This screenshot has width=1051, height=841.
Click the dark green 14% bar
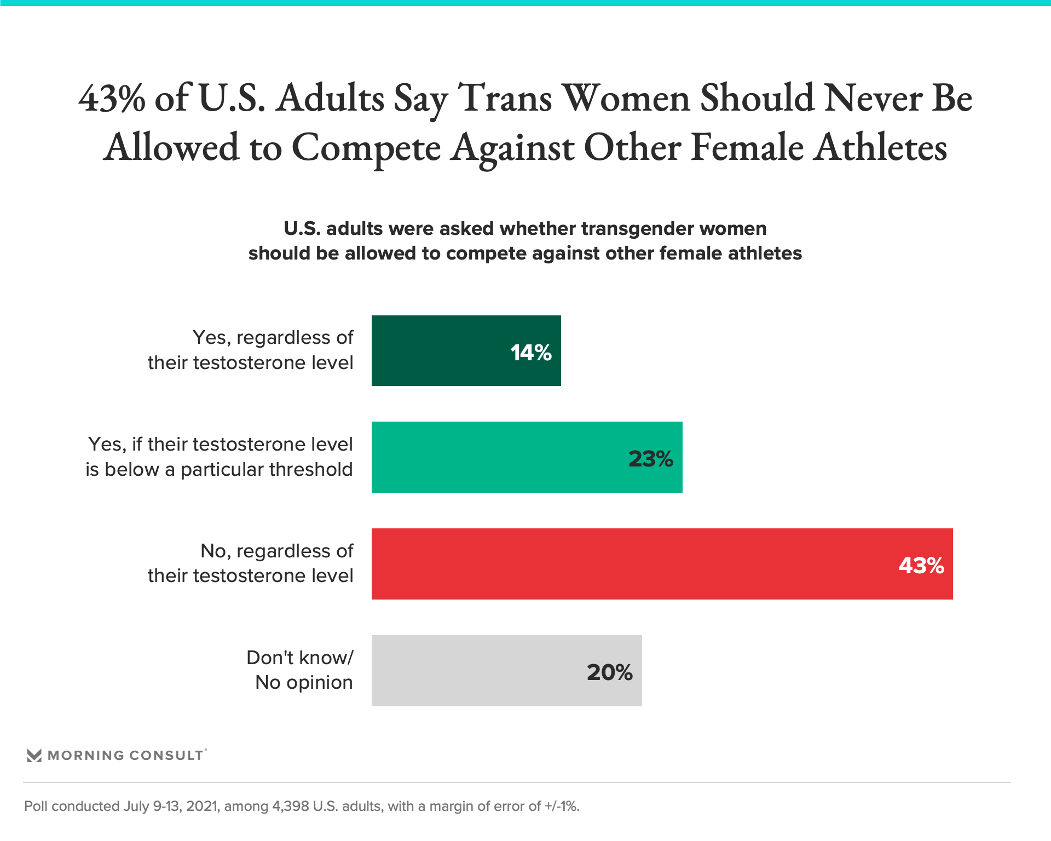(438, 350)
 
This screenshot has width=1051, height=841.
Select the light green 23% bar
(493, 457)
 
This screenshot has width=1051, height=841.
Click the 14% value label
(530, 353)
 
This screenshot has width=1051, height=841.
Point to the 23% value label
(650, 459)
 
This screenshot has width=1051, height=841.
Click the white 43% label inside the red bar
(921, 566)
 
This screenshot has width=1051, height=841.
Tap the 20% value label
(609, 672)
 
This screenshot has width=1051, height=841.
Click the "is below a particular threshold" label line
(219, 470)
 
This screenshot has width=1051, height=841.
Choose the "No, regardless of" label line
(277, 551)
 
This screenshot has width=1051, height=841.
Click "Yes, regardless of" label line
(273, 338)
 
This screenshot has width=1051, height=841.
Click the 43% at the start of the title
(112, 99)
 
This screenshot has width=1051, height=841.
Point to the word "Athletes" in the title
(879, 148)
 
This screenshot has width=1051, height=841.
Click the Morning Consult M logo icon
(34, 756)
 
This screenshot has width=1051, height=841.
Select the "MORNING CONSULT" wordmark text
(125, 756)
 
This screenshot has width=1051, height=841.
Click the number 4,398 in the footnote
(290, 807)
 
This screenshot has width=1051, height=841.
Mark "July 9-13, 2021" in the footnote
(171, 807)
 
